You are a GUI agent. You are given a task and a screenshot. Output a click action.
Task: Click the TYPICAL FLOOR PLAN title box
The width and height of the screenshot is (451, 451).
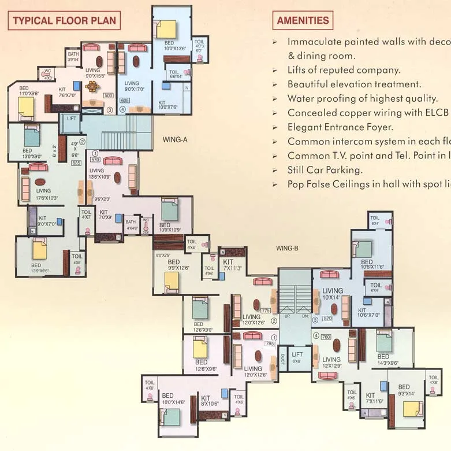coord(64,21)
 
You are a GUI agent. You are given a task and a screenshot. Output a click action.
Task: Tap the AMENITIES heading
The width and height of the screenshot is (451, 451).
coord(303,20)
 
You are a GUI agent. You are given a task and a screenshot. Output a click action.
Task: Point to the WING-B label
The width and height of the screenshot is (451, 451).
coord(287,248)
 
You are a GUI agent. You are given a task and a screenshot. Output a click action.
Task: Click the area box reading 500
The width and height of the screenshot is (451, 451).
coord(108,95)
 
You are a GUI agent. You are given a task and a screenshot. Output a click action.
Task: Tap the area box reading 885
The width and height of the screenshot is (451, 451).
coord(76,163)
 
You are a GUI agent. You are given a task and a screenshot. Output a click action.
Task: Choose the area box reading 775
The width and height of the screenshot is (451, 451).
coord(266,310)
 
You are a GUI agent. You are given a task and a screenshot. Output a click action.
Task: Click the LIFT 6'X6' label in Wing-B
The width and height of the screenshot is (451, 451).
coord(297,358)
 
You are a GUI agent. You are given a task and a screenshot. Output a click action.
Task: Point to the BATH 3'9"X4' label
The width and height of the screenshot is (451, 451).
coord(73,57)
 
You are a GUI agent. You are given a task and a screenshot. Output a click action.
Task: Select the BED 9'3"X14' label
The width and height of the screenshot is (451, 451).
coord(404,390)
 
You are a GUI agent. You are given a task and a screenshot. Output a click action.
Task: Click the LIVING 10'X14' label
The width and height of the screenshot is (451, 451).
coord(332,294)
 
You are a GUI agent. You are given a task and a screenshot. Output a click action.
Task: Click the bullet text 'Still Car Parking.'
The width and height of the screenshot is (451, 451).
coord(325,170)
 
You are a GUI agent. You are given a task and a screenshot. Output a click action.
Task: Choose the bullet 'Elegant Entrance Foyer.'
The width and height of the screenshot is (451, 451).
coord(340,127)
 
